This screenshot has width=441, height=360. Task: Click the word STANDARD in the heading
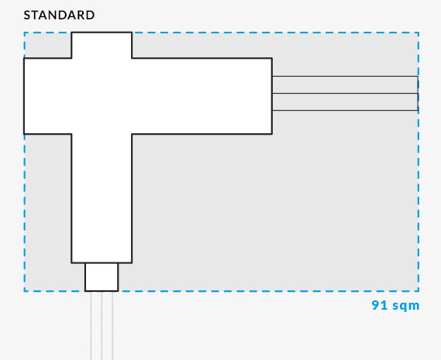click(59, 15)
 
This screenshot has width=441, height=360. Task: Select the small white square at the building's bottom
click(102, 277)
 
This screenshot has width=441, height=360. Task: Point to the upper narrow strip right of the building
click(345, 84)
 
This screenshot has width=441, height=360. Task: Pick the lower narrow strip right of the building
click(345, 101)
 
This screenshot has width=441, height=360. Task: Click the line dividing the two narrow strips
click(345, 93)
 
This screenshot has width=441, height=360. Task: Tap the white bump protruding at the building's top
click(102, 45)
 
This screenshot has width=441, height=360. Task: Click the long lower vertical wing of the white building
click(102, 198)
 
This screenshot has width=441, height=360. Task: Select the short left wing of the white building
click(47, 96)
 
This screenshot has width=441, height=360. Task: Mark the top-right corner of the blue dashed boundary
click(419, 33)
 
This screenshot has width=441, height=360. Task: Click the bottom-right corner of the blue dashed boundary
click(419, 291)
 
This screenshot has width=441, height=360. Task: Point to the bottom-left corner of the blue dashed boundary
click(25, 291)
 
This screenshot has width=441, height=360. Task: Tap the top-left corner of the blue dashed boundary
click(25, 33)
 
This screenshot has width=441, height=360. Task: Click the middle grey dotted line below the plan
click(102, 326)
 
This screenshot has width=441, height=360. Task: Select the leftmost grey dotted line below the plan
click(91, 326)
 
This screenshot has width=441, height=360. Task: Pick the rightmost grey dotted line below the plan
click(112, 326)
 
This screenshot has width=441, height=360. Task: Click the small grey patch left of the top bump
click(48, 45)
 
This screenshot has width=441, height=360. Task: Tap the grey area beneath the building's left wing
click(48, 212)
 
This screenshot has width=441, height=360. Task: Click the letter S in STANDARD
click(26, 15)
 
